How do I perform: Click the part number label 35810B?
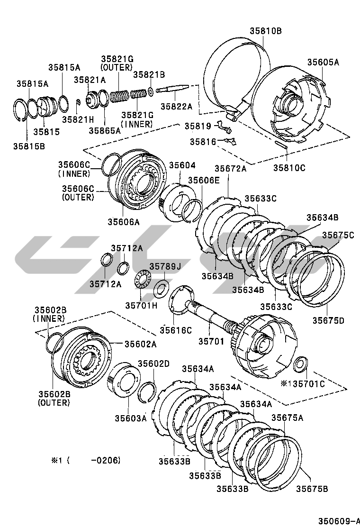266,31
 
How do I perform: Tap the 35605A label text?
323,62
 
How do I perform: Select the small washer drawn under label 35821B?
150,91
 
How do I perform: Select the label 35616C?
175,330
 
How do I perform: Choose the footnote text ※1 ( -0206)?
86,460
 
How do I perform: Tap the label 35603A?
130,418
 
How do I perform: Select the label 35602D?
153,363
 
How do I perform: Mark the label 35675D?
328,320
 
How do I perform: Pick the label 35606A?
123,221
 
